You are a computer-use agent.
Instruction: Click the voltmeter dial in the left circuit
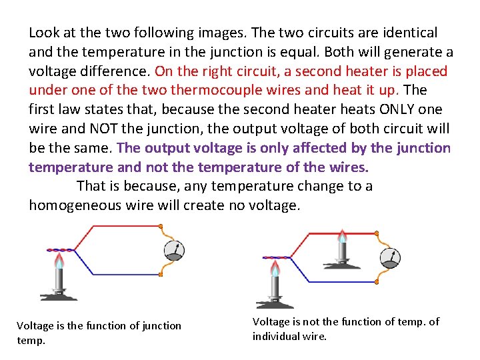pyautogui.click(x=174, y=250)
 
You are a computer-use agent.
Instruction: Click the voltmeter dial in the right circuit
pyautogui.click(x=390, y=257)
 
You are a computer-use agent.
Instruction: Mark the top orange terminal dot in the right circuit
pyautogui.click(x=377, y=233)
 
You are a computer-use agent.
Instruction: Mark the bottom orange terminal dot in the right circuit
pyautogui.click(x=377, y=280)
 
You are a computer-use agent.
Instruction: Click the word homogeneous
pyautogui.click(x=74, y=205)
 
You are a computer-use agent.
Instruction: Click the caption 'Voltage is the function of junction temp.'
pyautogui.click(x=99, y=332)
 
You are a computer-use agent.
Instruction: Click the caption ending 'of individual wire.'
pyautogui.click(x=345, y=329)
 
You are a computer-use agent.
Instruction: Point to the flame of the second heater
pyautogui.click(x=342, y=236)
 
